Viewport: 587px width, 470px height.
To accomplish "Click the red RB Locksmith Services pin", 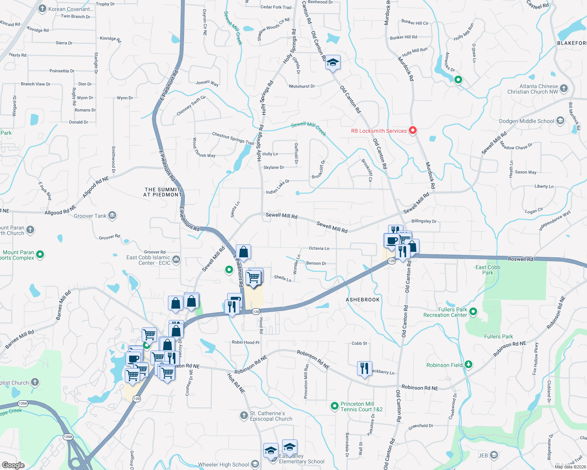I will tap(412, 130).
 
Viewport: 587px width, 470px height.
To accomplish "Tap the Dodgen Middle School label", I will tap(527, 121).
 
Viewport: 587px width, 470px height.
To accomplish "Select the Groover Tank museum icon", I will tap(112, 215).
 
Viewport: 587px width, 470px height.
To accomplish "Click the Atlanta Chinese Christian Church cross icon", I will tap(563, 88).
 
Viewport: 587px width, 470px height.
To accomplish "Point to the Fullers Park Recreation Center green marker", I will tap(473, 312).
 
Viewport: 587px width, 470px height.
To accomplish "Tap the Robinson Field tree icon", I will tap(468, 365).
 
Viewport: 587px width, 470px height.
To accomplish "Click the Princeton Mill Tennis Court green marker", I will tap(334, 406).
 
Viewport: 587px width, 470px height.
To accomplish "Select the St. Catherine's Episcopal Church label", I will tap(271, 416).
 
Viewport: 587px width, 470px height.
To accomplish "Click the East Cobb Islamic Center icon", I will tap(176, 259).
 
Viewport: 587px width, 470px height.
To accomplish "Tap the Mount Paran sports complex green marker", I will tap(40, 255).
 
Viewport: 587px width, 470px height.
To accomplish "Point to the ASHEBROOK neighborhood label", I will tap(363, 300).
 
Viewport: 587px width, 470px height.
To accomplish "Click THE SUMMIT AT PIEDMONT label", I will tap(162, 192).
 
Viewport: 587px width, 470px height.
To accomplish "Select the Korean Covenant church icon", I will tap(42, 9).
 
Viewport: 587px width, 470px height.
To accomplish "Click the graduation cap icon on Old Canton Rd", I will tap(333, 63).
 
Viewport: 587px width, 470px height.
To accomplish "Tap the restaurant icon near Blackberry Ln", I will tap(365, 368).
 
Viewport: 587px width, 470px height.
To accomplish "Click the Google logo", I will tap(13, 465).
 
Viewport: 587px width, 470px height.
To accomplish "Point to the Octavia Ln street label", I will tap(319, 248).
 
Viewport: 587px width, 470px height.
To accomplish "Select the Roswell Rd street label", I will tap(520, 259).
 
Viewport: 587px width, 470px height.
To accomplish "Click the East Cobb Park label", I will tap(488, 270).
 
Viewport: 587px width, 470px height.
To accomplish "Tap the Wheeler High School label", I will tap(223, 465).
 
